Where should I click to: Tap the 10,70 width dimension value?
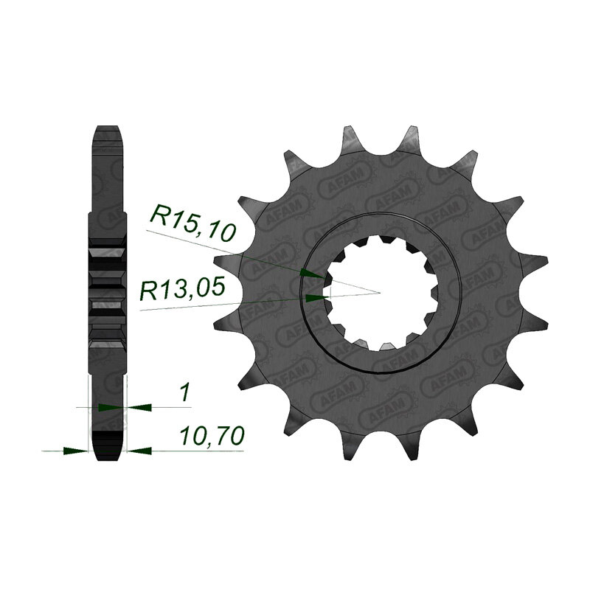(212, 435)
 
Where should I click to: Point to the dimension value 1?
(184, 393)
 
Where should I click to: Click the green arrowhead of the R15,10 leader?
(313, 274)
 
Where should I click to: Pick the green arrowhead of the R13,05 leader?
(314, 299)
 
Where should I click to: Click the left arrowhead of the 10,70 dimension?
(76, 451)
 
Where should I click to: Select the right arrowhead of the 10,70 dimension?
(139, 451)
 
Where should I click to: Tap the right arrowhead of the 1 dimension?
(139, 407)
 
